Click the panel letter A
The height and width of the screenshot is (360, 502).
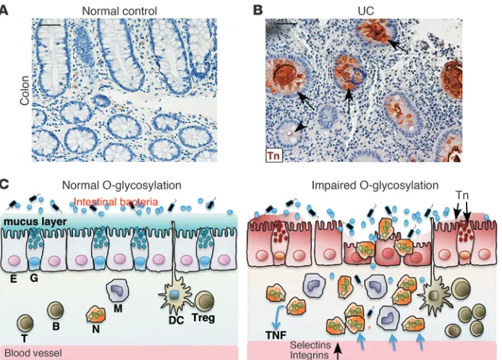[x=3, y=10]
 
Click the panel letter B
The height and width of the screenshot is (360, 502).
[x=258, y=10]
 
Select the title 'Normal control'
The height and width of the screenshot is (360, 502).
[x=119, y=11]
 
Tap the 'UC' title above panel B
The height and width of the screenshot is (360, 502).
[x=365, y=11]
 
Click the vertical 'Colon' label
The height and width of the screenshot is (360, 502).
[x=25, y=90]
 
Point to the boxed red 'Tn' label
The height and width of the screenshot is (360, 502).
[x=273, y=155]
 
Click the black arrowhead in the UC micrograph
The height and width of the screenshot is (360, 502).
[x=300, y=128]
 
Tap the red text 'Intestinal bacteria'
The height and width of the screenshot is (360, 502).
[x=116, y=202]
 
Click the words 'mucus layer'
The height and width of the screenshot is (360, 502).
[x=35, y=221]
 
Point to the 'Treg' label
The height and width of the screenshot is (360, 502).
[x=203, y=318]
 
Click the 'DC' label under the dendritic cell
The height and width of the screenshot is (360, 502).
[x=176, y=320]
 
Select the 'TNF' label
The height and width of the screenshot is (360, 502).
[x=276, y=335]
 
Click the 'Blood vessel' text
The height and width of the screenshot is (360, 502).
[x=33, y=353]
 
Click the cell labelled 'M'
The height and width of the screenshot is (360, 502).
[x=117, y=290]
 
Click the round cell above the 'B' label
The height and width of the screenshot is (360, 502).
[x=56, y=310]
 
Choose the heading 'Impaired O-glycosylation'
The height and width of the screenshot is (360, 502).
[x=375, y=185]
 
